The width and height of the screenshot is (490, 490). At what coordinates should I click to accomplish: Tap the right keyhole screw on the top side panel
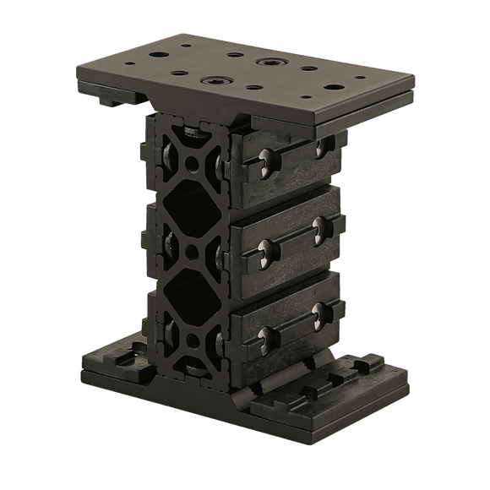click(x=321, y=147)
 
